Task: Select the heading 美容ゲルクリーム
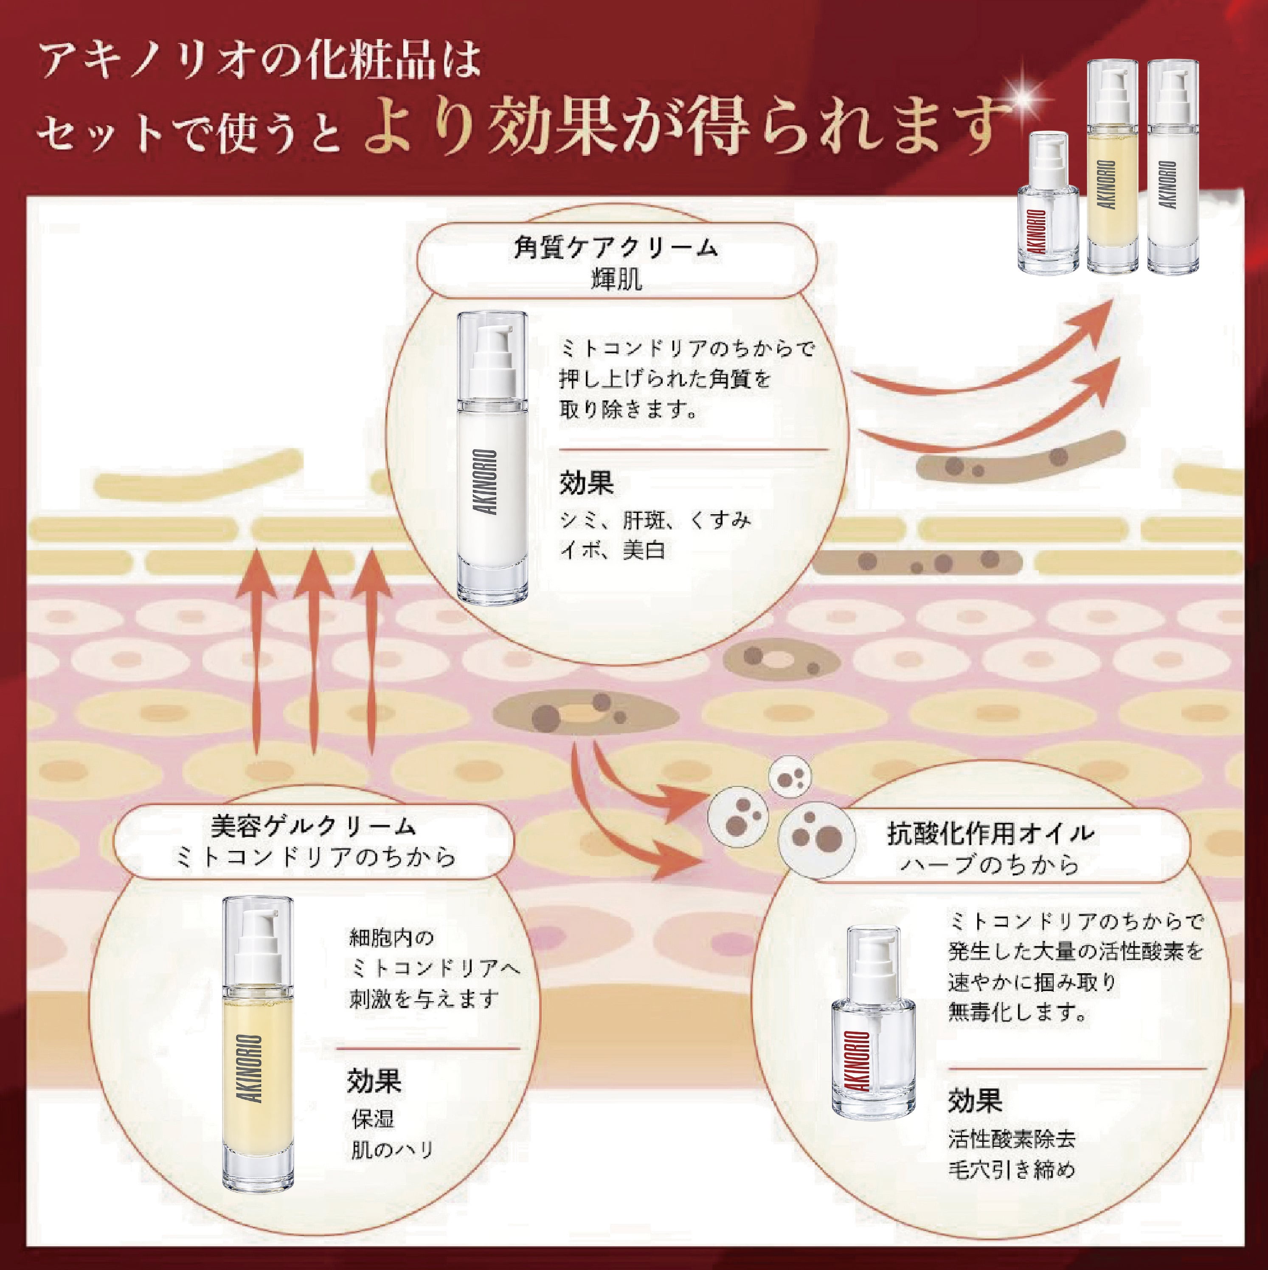click(314, 826)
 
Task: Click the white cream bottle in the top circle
click(492, 458)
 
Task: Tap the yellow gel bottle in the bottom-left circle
click(258, 1044)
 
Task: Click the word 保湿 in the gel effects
click(373, 1119)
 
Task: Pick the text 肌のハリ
click(392, 1150)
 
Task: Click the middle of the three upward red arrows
click(314, 651)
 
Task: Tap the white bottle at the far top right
click(1173, 166)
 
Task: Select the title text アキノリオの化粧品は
click(260, 60)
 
